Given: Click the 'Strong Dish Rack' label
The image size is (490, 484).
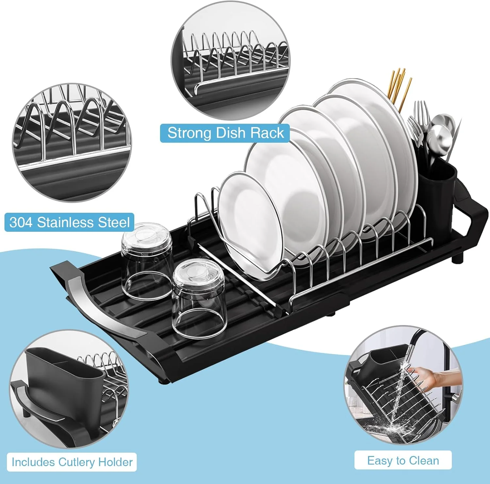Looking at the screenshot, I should point(225,133).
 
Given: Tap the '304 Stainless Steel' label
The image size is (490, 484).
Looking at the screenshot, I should point(69,223).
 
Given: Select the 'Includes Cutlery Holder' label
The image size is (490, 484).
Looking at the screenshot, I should point(72,462).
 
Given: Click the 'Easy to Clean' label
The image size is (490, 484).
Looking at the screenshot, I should point(403,461).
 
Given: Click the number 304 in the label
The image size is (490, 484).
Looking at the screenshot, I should point(21,223).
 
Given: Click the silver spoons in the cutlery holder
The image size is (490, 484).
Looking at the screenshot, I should point(441,131).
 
